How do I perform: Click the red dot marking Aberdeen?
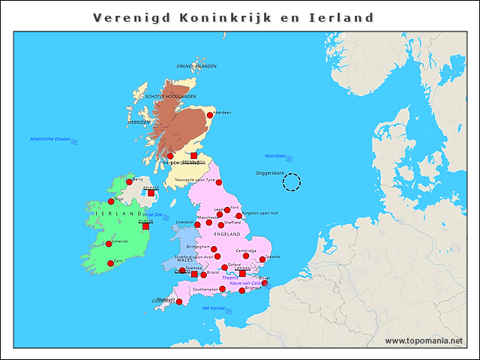[210, 115]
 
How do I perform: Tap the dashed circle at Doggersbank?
[291, 181]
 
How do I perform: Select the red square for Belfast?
[151, 193]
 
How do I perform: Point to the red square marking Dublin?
[145, 225]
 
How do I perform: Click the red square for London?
[242, 274]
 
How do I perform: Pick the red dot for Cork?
[110, 262]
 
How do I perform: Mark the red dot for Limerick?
[109, 244]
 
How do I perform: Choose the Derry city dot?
[129, 181]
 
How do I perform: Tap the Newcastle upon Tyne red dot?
[219, 182]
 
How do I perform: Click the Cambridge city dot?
[246, 256]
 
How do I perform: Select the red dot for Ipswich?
[262, 259]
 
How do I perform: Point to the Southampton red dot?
[222, 289]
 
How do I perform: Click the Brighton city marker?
[241, 290]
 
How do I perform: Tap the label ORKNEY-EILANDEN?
[196, 66]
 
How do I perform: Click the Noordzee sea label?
[275, 156]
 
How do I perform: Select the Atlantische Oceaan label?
[50, 139]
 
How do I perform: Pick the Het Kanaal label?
[214, 308]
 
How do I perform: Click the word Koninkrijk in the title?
[216, 17]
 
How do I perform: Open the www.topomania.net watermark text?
[424, 341]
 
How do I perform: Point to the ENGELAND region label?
[226, 234]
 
